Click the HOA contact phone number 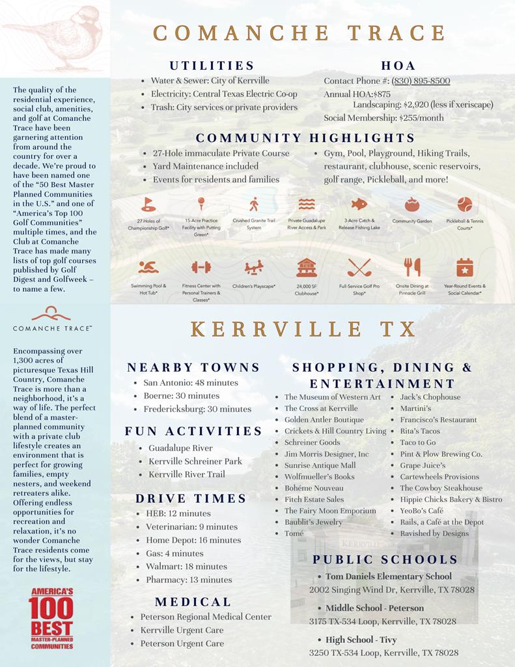tap(421, 81)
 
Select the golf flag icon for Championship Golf tap(148, 204)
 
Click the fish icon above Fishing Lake tap(359, 204)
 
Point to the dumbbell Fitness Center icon tap(201, 267)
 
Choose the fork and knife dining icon tap(411, 267)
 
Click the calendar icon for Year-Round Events tap(464, 267)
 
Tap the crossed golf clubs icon tap(359, 267)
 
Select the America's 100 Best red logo tap(51, 618)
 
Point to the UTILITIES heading tap(212, 66)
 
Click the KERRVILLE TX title tap(303, 329)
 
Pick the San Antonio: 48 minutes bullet tap(191, 382)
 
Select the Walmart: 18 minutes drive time tap(186, 567)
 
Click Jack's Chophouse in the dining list tap(430, 397)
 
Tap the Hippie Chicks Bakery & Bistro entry tap(451, 500)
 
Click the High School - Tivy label tap(361, 640)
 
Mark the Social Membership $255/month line tap(383, 118)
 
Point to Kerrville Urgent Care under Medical tap(182, 631)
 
